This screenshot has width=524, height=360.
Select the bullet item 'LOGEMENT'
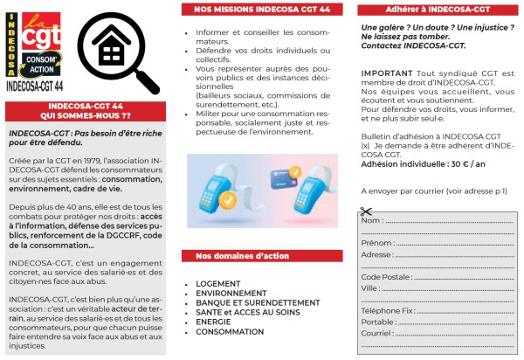coord(218,285)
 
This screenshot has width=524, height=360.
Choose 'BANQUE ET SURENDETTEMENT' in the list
coord(250,303)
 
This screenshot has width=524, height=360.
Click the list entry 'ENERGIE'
coord(214,322)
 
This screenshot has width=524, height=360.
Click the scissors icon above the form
coord(366,211)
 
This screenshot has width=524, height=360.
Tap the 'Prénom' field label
coord(376,242)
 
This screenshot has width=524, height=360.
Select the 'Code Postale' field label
coord(385,276)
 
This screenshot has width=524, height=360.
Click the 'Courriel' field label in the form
coord(377,333)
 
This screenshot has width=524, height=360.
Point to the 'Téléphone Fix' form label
coord(387,310)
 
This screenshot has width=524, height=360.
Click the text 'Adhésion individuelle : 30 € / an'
coord(410,163)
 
